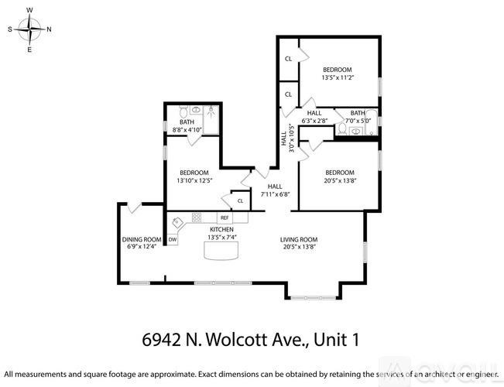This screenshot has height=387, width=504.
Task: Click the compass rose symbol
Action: [x=29, y=30]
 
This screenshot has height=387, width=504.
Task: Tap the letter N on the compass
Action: [x=50, y=30]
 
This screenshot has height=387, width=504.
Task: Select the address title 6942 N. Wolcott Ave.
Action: [x=252, y=339]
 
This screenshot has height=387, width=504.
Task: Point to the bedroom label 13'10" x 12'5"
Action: [x=194, y=176]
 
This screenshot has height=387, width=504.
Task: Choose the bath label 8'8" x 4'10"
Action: [x=187, y=126]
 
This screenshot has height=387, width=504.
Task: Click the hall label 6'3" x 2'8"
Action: [x=314, y=117]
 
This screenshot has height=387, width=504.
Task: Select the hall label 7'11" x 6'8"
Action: [x=275, y=190]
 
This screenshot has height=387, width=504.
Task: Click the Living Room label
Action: [x=299, y=244]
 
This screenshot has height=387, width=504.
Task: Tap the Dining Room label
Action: [x=140, y=243]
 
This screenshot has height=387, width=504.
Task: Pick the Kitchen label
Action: [x=222, y=234]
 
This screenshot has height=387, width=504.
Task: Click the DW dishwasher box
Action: [x=173, y=239]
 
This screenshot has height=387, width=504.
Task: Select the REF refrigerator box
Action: [x=224, y=218]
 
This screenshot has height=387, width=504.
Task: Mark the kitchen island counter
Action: [x=219, y=251]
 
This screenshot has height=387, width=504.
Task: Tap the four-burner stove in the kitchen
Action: [x=197, y=217]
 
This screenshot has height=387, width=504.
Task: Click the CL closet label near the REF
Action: [x=241, y=201]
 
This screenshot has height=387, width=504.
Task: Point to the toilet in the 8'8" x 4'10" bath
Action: [x=185, y=109]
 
